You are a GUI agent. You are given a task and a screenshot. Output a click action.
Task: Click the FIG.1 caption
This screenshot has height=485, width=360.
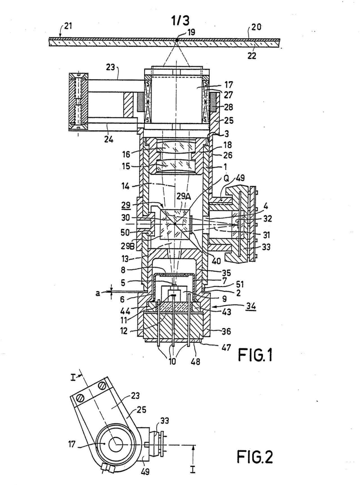255,355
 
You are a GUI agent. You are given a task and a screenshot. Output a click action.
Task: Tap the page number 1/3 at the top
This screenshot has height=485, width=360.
180,21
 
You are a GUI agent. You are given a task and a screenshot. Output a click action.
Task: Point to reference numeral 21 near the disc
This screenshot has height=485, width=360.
68,26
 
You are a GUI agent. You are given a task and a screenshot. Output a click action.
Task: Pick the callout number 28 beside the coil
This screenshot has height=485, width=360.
228,107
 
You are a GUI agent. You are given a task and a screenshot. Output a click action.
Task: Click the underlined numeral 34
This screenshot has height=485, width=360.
251,306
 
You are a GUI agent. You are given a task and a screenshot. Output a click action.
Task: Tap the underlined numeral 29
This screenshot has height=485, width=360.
126,205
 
